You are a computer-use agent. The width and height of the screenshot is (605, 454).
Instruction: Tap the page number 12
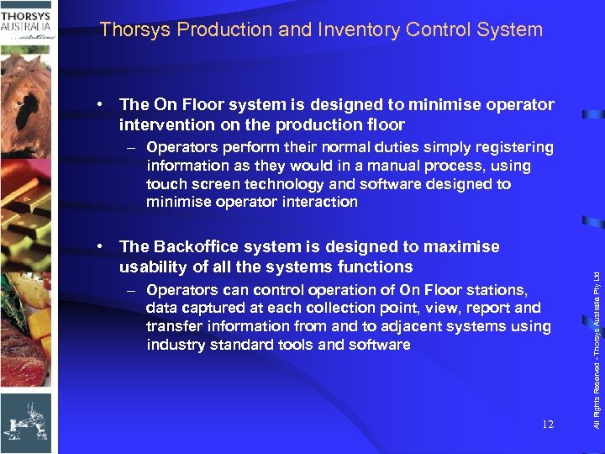click(547, 425)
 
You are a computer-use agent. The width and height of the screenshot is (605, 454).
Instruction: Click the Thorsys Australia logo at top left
click(27, 23)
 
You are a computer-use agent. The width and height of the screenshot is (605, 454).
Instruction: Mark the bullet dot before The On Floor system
click(100, 105)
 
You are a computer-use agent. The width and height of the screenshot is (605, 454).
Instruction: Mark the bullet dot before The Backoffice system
click(100, 246)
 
